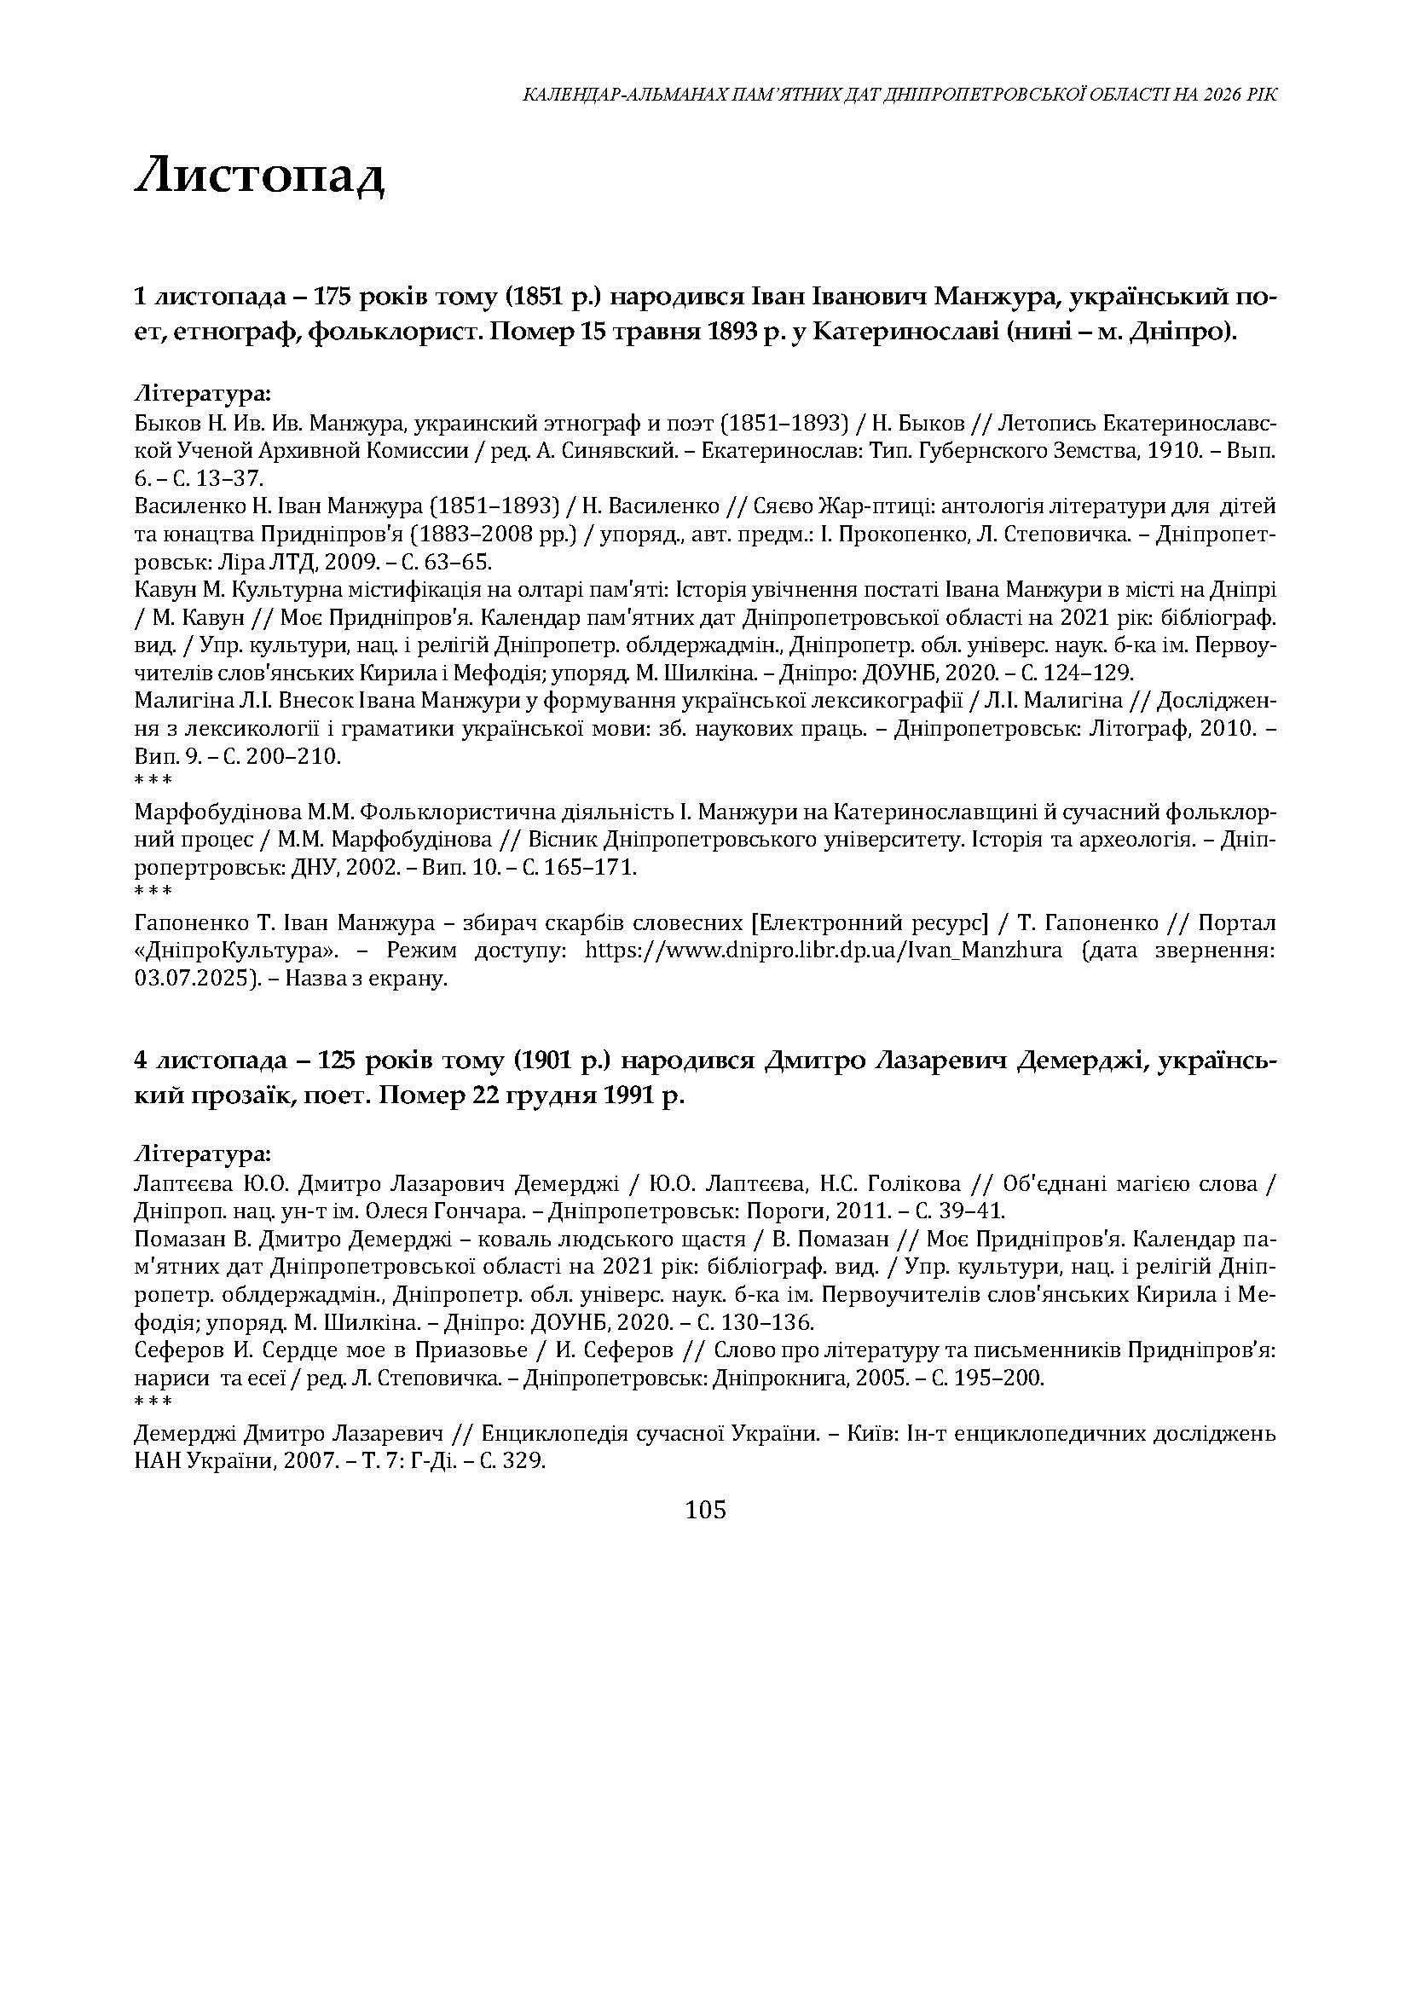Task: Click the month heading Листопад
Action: click(259, 177)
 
